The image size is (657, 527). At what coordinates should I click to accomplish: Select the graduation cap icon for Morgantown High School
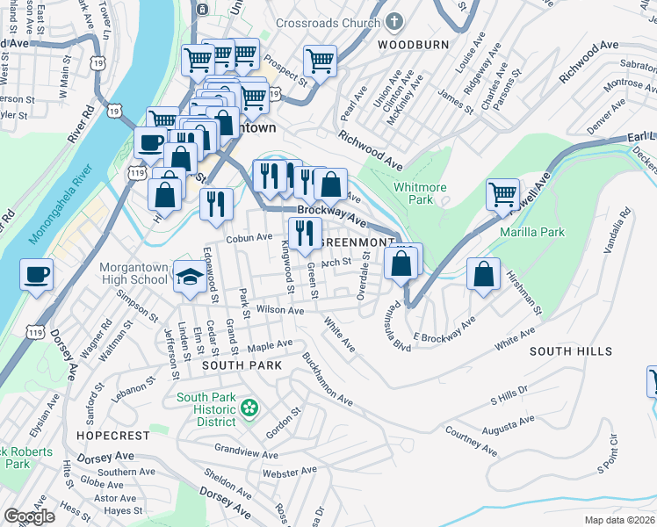tap(189, 277)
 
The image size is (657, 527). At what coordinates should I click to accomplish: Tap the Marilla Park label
tap(531, 232)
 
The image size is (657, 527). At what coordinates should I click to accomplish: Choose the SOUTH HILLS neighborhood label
tap(571, 351)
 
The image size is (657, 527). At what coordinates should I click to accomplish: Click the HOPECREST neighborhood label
tap(108, 435)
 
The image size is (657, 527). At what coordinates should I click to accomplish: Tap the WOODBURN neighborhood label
tap(413, 44)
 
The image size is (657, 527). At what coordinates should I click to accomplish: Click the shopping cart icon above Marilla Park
tap(502, 194)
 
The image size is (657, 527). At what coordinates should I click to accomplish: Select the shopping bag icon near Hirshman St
tap(483, 273)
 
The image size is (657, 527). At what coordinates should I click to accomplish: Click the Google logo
tap(29, 516)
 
